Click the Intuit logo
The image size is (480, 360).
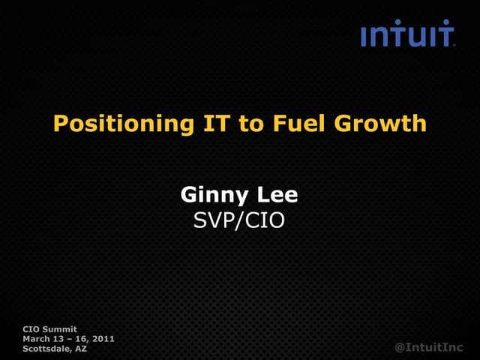point(407,34)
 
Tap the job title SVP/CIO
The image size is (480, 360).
point(239,220)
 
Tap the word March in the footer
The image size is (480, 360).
point(37,339)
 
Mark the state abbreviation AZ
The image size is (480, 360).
point(81,349)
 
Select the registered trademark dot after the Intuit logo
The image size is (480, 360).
point(454,45)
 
